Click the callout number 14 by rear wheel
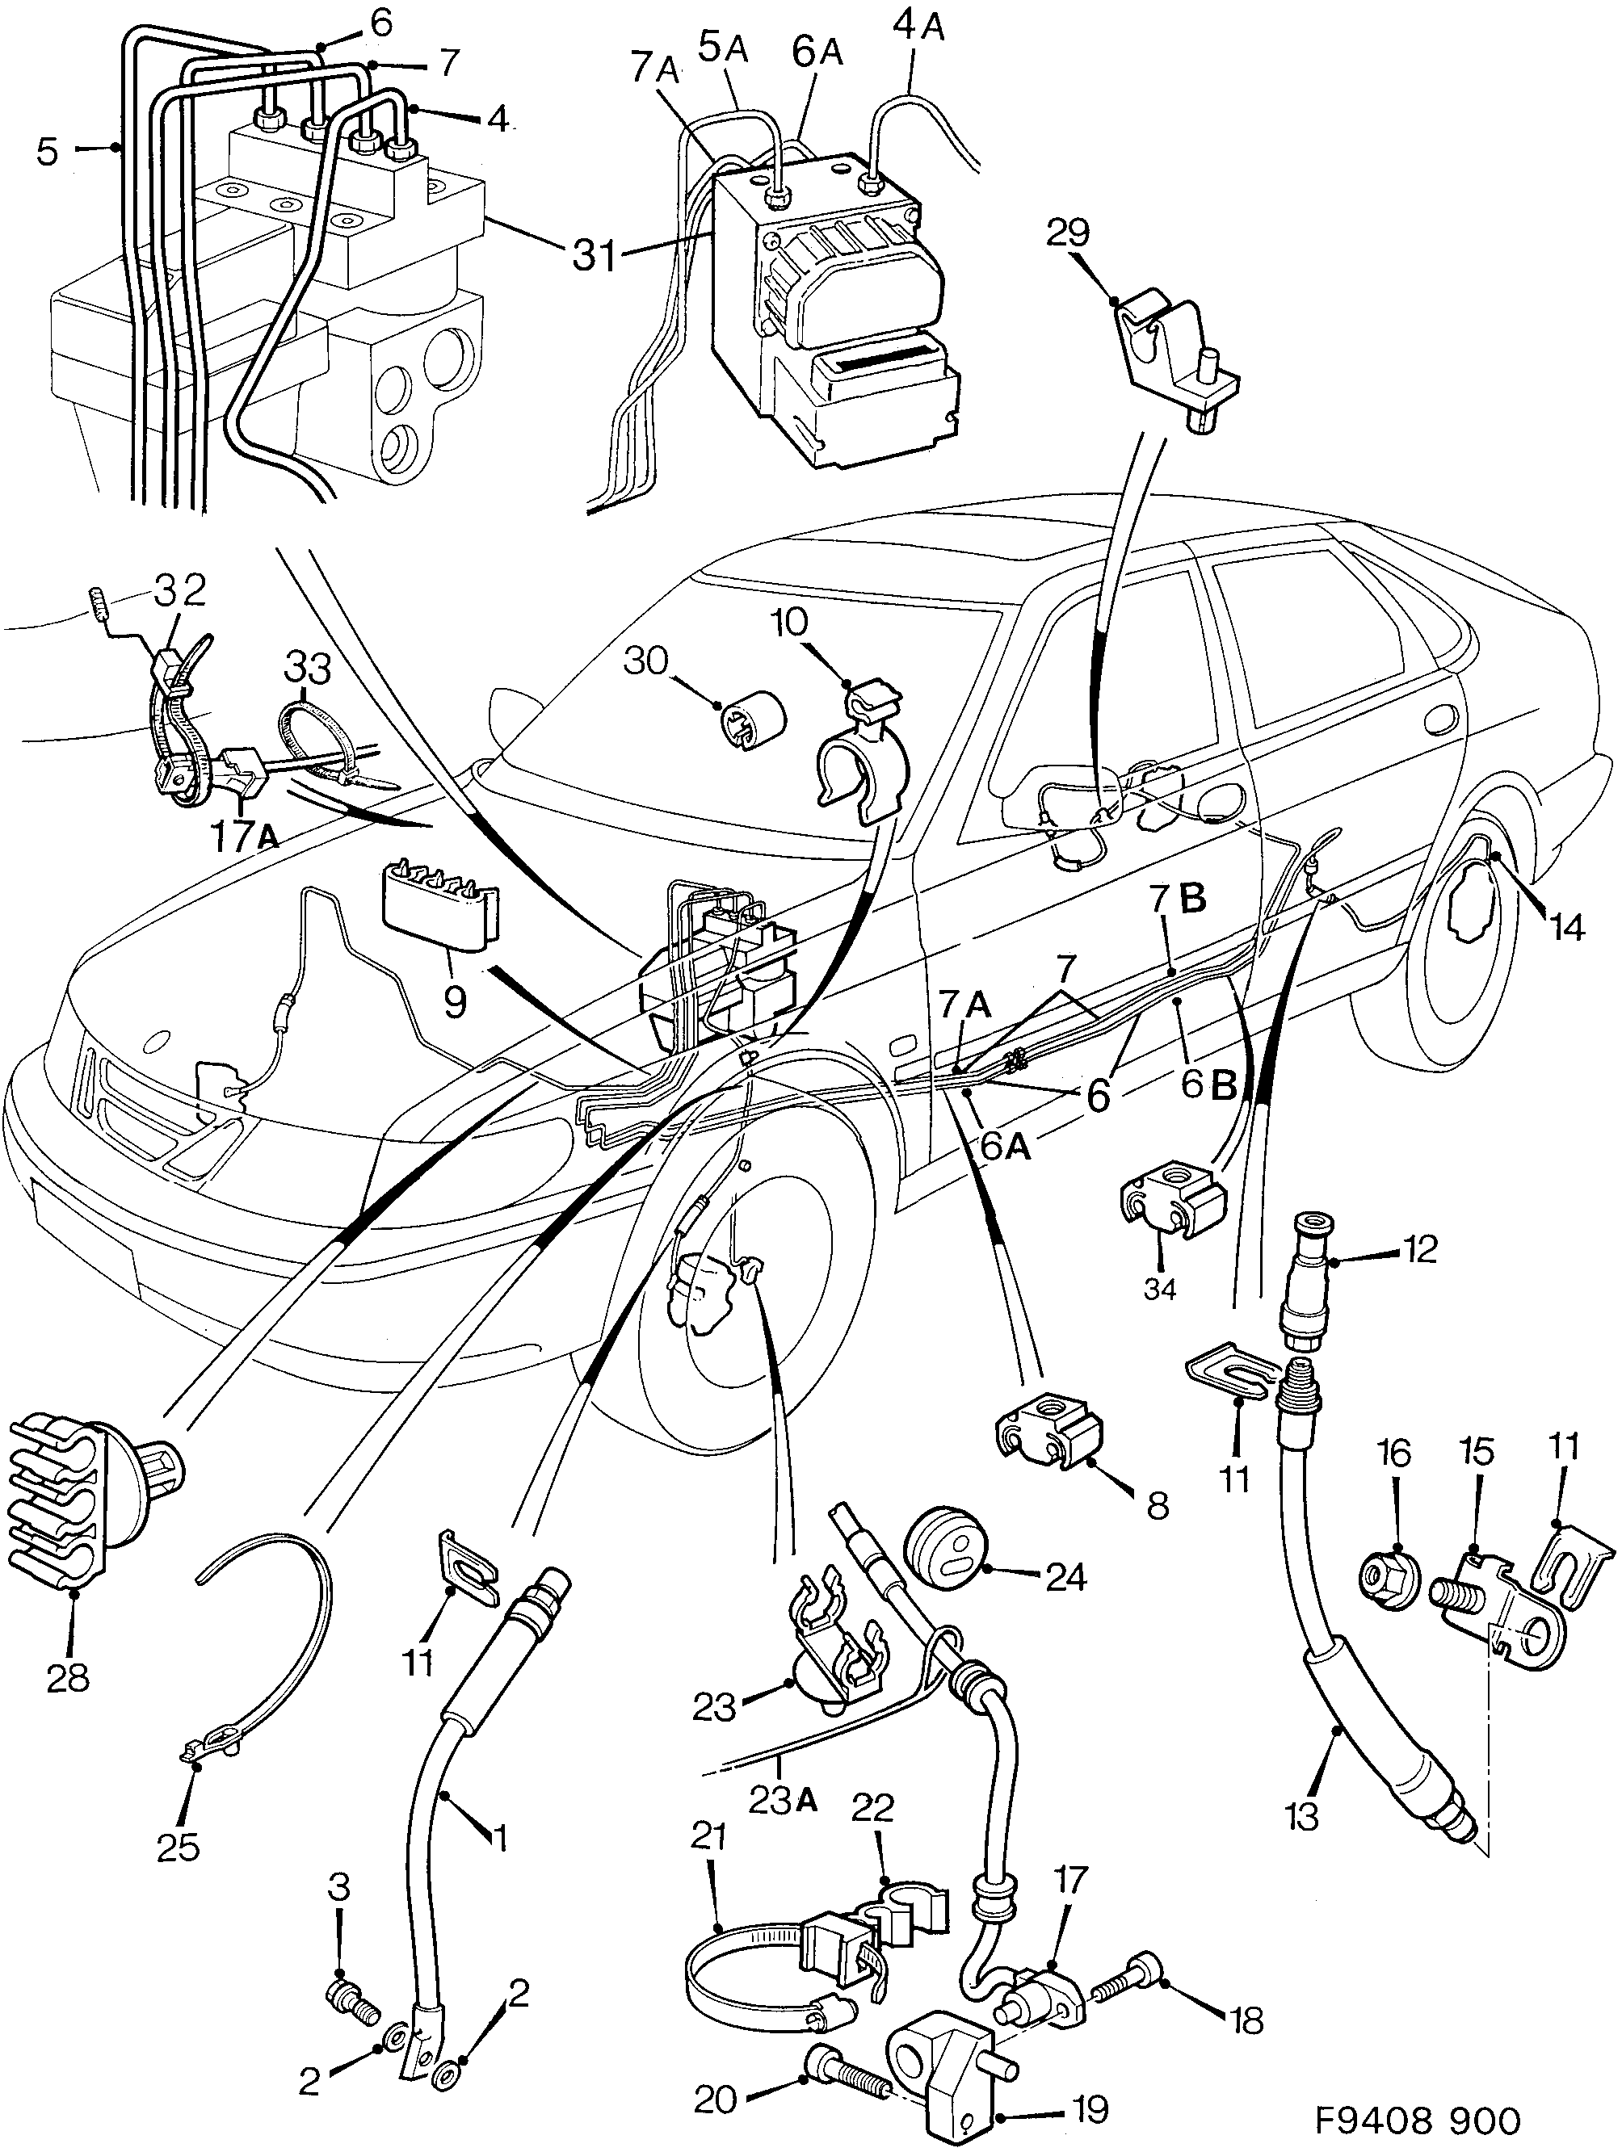coord(1566,928)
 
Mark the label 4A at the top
coord(918,27)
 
